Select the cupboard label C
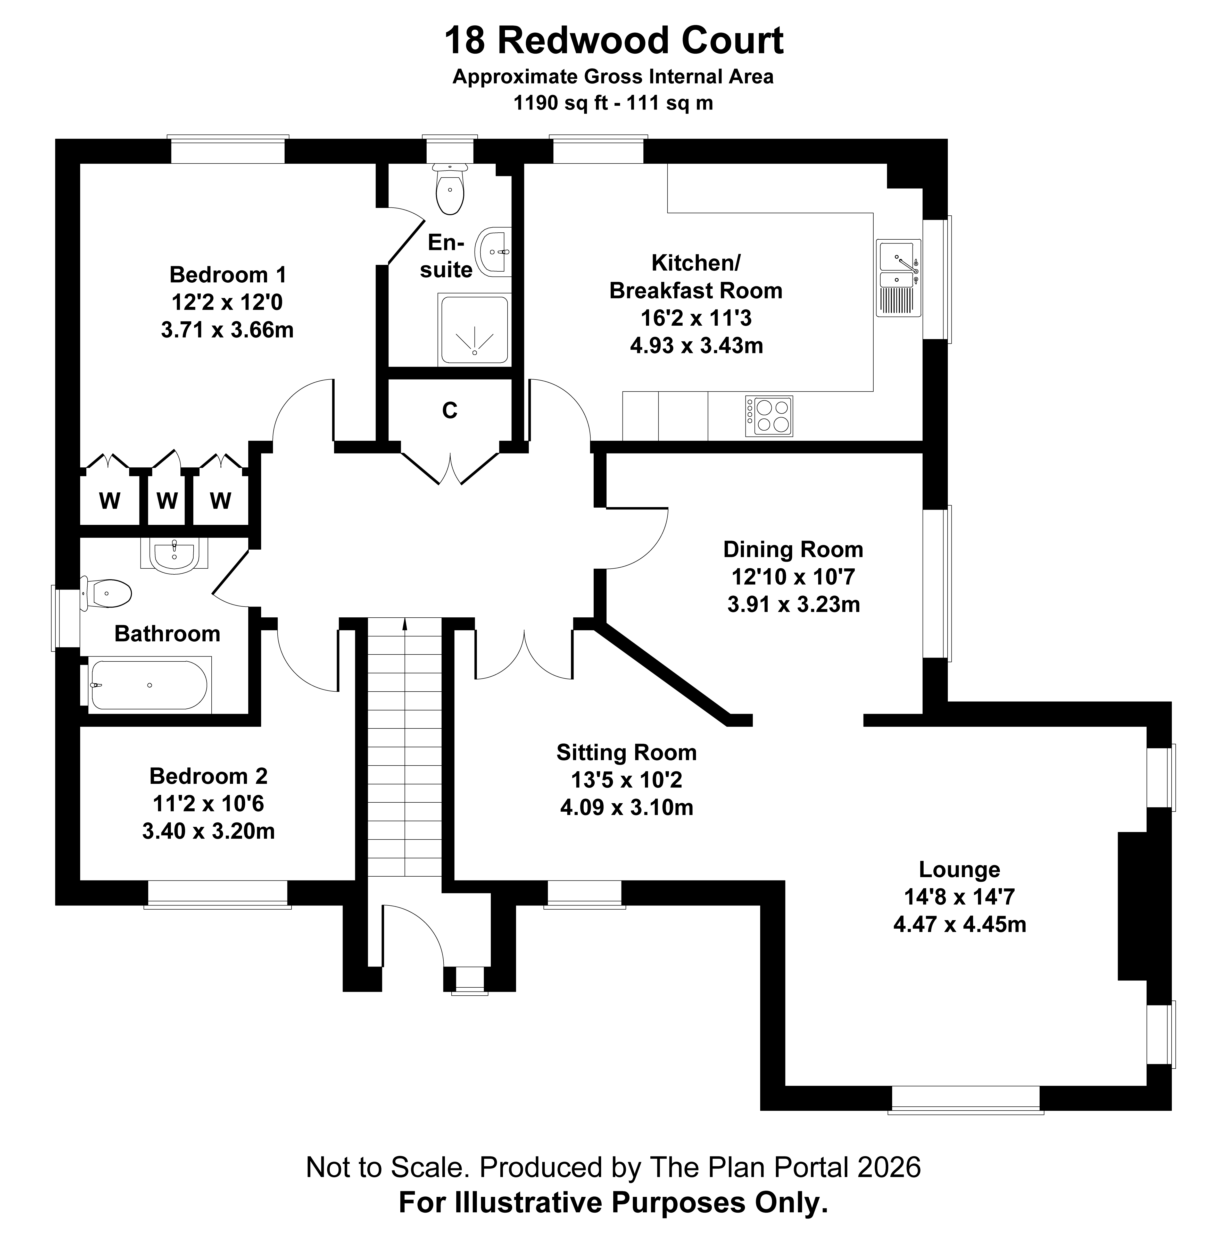[x=449, y=410]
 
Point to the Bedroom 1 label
[x=227, y=275]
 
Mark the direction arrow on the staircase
[x=404, y=624]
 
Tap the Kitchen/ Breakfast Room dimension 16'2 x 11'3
[x=696, y=318]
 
